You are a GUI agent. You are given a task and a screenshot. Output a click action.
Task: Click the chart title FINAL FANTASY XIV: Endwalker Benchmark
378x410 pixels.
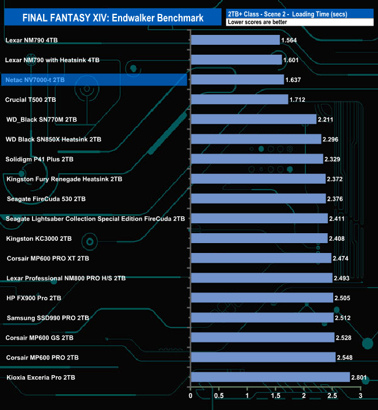[x=113, y=18]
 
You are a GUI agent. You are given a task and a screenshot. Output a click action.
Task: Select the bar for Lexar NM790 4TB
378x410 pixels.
[x=235, y=40]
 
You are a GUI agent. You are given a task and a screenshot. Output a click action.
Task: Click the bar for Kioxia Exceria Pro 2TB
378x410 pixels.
[x=270, y=377]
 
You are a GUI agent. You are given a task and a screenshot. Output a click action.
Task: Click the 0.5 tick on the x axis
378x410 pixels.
[x=219, y=396]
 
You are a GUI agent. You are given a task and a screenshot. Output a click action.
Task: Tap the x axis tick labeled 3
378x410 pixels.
[x=361, y=396]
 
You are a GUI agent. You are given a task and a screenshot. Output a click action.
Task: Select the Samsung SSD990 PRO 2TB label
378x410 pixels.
[x=48, y=318]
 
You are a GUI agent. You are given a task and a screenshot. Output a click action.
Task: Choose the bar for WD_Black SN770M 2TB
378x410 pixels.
[x=253, y=119]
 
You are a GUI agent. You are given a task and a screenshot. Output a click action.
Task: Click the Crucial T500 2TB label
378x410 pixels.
[x=30, y=99]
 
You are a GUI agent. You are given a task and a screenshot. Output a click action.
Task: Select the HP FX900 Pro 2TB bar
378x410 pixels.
[x=262, y=298]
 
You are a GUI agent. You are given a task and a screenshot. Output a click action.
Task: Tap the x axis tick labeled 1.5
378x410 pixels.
[x=276, y=396]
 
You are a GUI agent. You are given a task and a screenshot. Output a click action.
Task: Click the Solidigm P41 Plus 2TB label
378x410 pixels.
[x=39, y=159]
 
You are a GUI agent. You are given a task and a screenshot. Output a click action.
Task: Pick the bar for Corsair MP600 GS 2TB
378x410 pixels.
[x=262, y=337]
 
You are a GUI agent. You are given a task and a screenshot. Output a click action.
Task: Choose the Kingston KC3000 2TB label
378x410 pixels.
[x=38, y=238]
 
